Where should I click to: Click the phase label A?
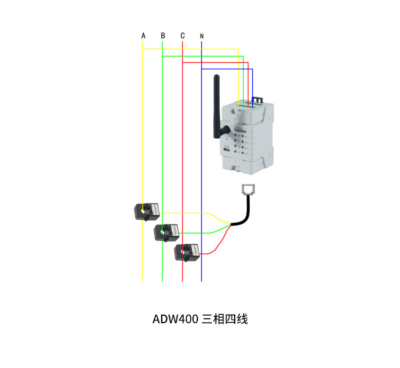coord(143,36)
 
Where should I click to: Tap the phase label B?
coord(163,36)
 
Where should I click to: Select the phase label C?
coord(182,36)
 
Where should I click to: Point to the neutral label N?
coord(202,36)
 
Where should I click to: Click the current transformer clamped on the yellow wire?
coord(147,211)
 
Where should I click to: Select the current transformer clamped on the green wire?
coord(167,232)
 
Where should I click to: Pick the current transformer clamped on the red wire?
coord(187,251)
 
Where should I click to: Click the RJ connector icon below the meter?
coord(248,190)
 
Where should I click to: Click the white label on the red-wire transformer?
coord(193,250)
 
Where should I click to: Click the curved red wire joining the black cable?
coord(219,243)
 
